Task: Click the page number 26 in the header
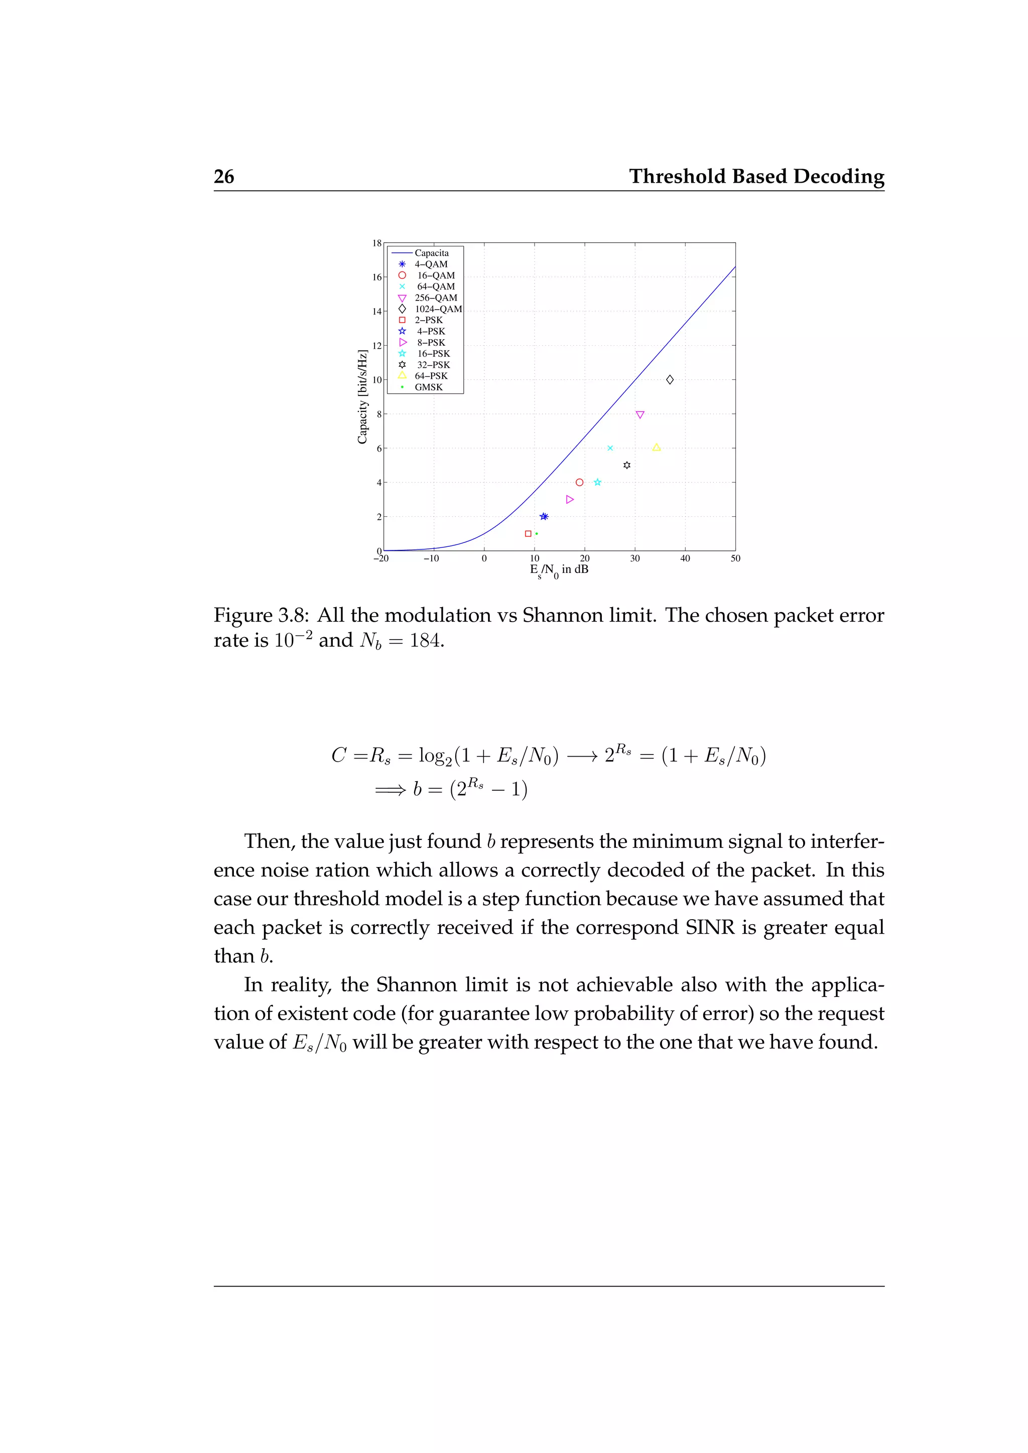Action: (224, 177)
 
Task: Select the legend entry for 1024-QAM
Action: (438, 309)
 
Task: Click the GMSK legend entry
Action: (429, 387)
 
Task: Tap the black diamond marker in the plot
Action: (670, 380)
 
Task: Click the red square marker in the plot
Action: (528, 533)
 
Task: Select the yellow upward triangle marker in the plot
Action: (657, 448)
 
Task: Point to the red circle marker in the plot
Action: (579, 482)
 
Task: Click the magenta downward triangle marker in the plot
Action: (640, 415)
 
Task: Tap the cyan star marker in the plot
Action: (597, 482)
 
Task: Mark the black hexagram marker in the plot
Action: (626, 465)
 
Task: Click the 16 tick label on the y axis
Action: (376, 277)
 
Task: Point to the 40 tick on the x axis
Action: (685, 558)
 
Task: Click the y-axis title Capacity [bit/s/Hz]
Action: (362, 397)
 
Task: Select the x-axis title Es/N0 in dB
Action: (559, 570)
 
